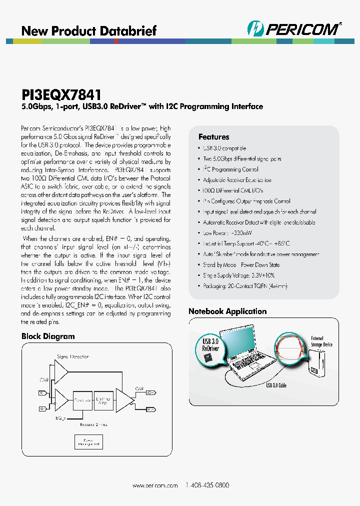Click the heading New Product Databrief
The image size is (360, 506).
(x=88, y=30)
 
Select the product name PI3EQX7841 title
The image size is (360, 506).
(x=61, y=94)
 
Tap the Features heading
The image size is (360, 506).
(x=213, y=137)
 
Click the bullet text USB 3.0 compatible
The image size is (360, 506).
(x=224, y=148)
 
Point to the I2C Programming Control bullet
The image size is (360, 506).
(x=230, y=169)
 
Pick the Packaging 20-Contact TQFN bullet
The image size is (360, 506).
(x=245, y=286)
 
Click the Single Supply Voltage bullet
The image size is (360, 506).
(x=238, y=275)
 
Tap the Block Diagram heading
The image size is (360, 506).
(x=48, y=336)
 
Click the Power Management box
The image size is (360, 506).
(x=87, y=441)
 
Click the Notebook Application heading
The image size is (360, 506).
(x=227, y=311)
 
